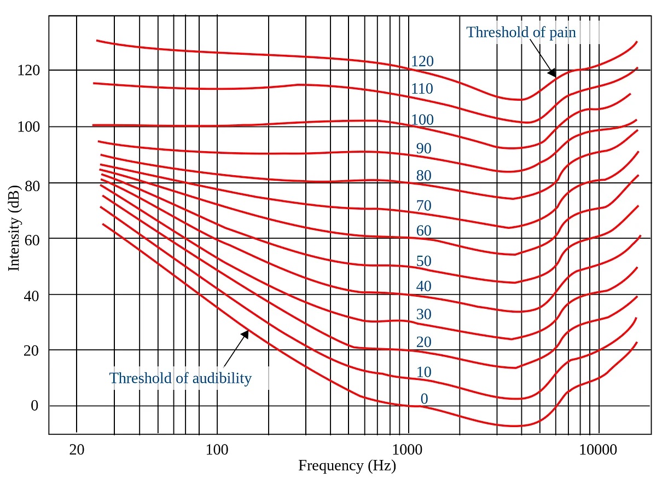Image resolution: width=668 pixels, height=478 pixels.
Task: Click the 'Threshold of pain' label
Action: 521,32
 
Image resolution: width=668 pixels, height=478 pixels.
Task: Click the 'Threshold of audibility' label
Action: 181,378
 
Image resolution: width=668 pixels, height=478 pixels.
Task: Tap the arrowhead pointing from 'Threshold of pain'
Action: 552,73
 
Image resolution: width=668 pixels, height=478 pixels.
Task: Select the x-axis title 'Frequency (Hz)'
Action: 346,466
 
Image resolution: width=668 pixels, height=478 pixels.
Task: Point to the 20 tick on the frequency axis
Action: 77,450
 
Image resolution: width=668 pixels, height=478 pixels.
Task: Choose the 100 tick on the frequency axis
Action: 217,450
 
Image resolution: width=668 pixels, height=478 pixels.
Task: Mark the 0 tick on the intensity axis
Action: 34,406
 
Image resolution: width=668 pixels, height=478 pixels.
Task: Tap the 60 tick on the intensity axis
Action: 31,239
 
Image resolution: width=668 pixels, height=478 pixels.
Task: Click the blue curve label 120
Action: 422,61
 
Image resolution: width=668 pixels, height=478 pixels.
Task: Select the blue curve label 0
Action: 424,399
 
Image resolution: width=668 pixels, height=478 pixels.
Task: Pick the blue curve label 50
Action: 423,261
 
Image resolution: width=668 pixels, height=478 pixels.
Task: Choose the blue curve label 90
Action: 423,148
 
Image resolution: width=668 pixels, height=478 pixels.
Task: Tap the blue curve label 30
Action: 423,314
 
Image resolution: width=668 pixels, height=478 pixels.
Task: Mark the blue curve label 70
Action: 423,206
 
